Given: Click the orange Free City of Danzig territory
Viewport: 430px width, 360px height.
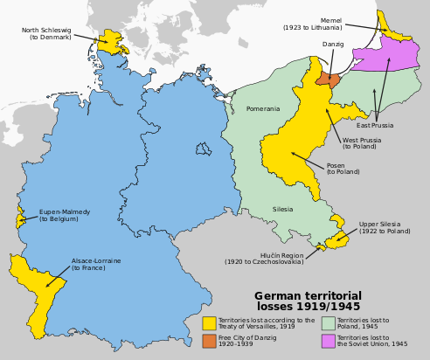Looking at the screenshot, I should coord(326,78).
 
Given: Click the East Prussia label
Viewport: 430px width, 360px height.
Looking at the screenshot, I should coord(376,125).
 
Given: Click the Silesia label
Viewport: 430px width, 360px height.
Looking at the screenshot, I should coord(282,210).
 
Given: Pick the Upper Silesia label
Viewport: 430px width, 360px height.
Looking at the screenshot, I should coord(384,227).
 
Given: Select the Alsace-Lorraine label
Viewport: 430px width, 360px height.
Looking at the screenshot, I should coord(95,264).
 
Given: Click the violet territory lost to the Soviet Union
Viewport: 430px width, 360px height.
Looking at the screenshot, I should coord(389,54).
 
